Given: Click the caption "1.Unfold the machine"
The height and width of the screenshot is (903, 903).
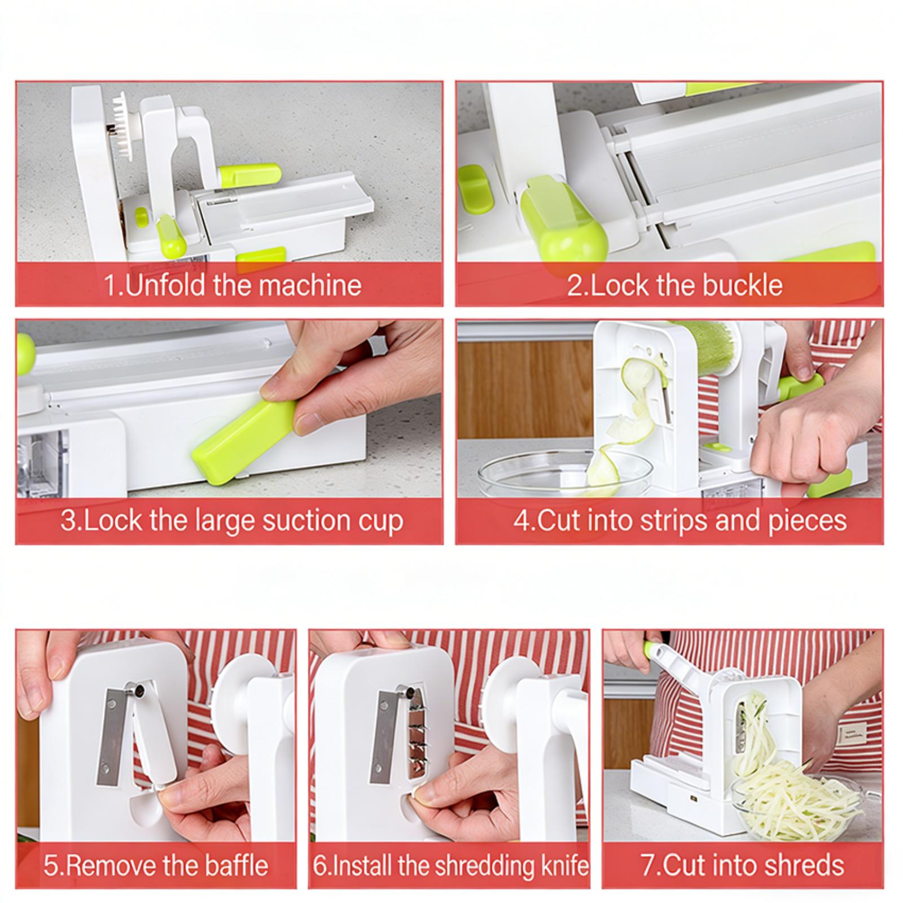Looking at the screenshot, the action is (233, 285).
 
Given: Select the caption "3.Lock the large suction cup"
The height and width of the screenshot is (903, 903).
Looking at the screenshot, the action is (232, 520).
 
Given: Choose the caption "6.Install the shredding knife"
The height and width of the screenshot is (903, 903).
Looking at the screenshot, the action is (450, 866).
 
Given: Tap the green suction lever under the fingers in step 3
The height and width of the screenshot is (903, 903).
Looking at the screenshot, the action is (244, 441).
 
